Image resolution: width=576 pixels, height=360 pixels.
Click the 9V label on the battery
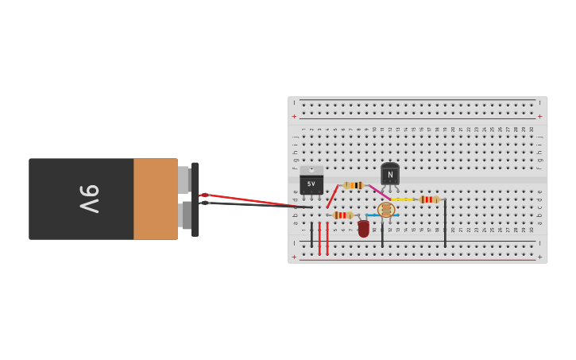click(89, 199)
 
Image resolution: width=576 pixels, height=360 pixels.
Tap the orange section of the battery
click(155, 199)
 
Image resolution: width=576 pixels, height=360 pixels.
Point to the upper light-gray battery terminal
click(184, 180)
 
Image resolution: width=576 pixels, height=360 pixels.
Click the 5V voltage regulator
click(311, 182)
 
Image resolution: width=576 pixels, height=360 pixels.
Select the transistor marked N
click(390, 174)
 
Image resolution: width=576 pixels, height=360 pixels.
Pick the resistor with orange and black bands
click(354, 185)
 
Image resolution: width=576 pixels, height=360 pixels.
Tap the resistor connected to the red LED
click(342, 215)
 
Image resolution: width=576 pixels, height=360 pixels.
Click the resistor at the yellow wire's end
click(429, 199)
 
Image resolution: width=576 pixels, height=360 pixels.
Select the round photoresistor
click(386, 210)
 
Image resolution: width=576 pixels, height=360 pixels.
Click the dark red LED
click(364, 229)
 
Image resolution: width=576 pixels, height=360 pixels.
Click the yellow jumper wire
click(403, 199)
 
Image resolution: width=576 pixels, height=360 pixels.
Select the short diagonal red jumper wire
click(332, 197)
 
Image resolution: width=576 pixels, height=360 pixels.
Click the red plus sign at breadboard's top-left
click(294, 116)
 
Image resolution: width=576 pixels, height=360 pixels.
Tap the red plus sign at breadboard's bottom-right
click(540, 257)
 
